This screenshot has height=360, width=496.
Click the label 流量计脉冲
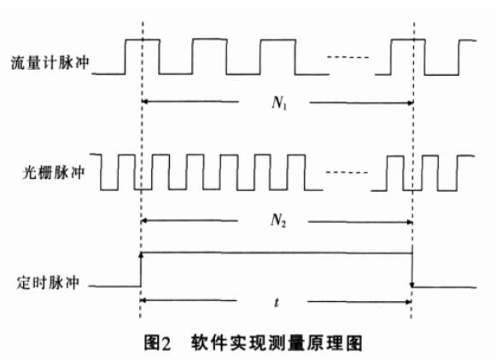pos(50,62)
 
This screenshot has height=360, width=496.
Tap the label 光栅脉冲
pos(53,172)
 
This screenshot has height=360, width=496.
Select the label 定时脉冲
pos(48,282)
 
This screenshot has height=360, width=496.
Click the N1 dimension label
pos(279,102)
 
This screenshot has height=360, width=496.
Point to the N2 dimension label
pos(278,220)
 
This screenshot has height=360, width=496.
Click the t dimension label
pos(277,303)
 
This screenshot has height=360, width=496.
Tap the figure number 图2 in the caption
pos(157,343)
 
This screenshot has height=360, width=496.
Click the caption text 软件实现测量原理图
pos(277,343)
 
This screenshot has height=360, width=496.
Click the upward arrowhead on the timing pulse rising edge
pos(141,255)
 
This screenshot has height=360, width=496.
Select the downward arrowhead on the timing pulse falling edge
pos(412,285)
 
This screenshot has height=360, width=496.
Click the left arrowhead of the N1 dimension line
pos(144,102)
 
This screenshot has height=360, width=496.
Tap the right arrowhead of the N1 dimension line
pos(411,102)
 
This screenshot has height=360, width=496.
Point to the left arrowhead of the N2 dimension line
pos(144,221)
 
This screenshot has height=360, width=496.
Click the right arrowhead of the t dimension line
pos(408,302)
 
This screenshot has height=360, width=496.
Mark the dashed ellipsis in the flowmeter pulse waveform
pos(348,57)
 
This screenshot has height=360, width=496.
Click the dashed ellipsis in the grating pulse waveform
pos(347,172)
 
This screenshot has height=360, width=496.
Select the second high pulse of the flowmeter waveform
pos(209,56)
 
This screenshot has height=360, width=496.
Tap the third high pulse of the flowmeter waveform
pos(277,57)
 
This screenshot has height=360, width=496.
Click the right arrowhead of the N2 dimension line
pos(409,222)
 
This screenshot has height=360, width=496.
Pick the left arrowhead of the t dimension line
pos(143,300)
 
